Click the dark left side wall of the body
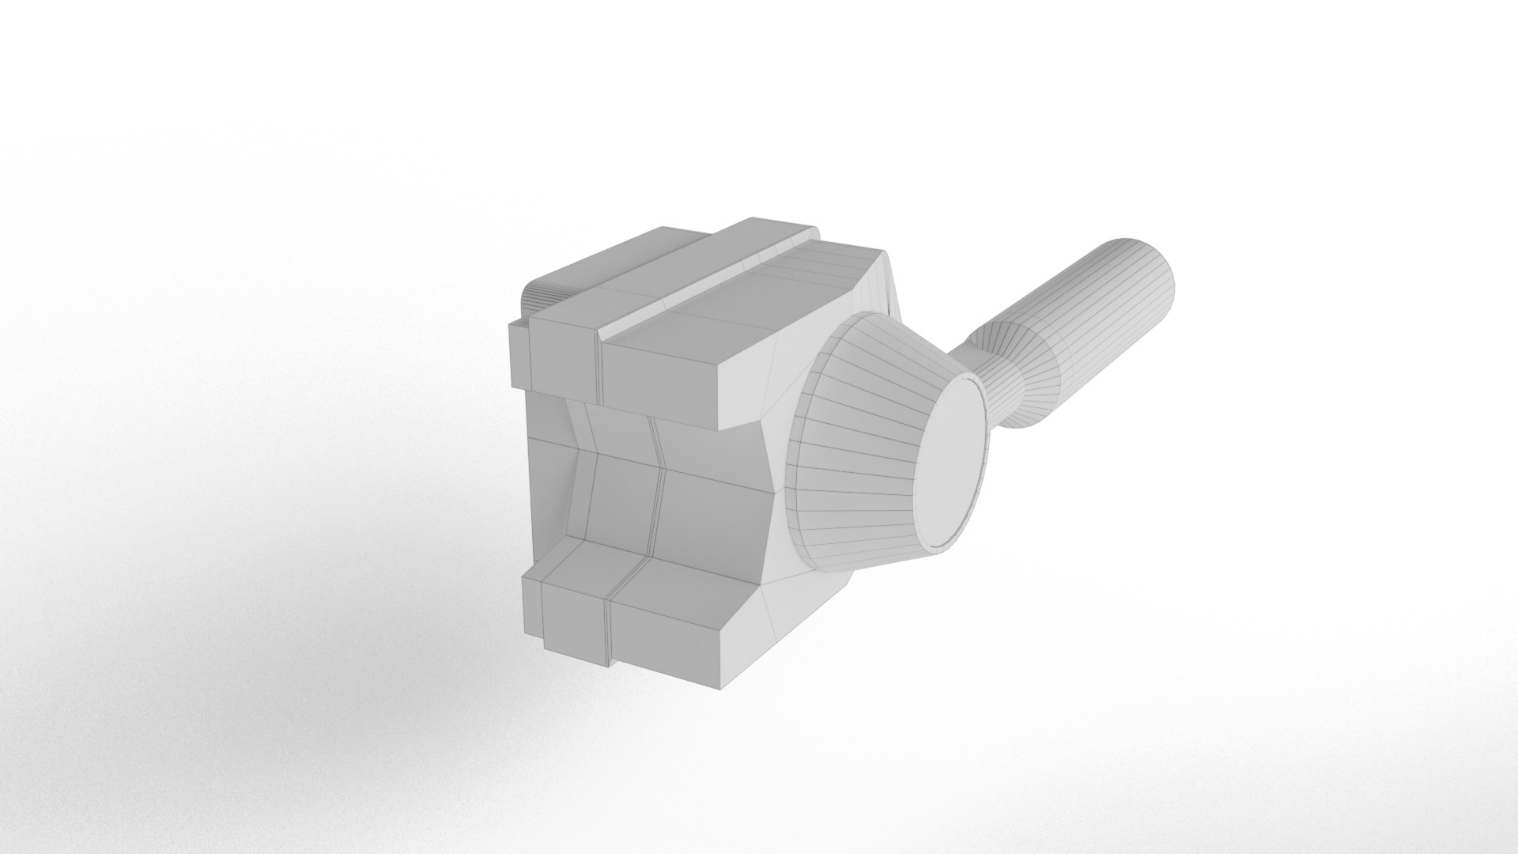click(x=546, y=482)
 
